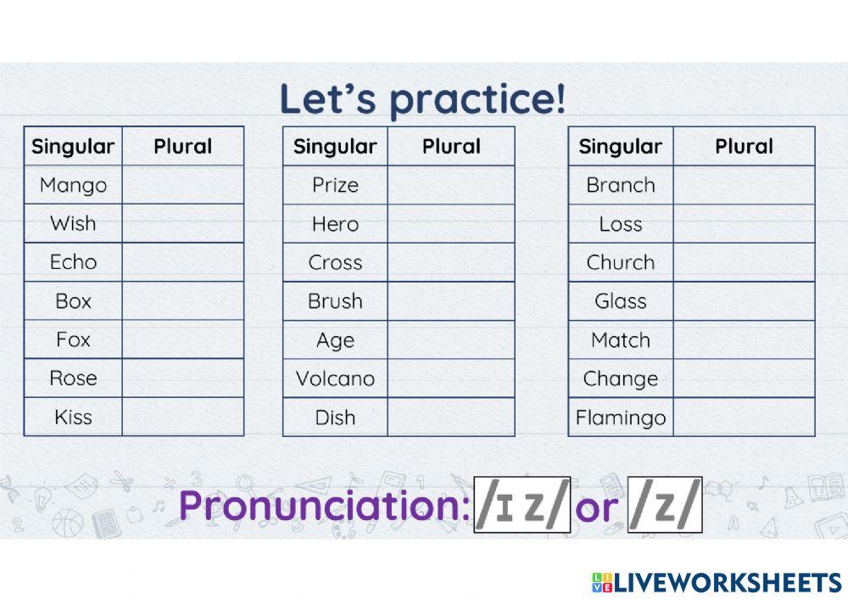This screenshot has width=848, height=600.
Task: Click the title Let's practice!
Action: pos(422,98)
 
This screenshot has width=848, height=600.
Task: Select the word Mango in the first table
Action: pos(73,185)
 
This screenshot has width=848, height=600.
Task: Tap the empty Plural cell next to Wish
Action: pos(182,224)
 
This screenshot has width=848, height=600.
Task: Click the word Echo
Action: pos(73,262)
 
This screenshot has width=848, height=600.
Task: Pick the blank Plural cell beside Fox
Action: pos(182,339)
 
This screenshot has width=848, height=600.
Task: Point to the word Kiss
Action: pos(73,417)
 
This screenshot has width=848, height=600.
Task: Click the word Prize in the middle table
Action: pos(335,185)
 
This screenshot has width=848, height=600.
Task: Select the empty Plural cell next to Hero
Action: pos(451,224)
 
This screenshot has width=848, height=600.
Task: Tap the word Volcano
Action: pos(335,379)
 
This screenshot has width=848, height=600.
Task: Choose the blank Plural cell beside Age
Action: pos(451,340)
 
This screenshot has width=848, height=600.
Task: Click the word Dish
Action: pos(335,418)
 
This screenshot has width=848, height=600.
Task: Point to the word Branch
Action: pos(621,185)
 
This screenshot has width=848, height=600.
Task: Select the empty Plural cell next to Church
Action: pos(744,263)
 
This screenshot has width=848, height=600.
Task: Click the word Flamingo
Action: pos(621,418)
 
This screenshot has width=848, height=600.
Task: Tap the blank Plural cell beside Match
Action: pos(744,340)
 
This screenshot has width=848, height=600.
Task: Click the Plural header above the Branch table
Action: pos(744,146)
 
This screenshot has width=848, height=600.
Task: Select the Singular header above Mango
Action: pos(73,146)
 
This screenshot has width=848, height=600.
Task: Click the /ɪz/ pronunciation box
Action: pos(522,506)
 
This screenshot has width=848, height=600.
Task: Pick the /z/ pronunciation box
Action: pos(665,506)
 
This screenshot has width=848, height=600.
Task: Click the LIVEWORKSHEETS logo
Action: pos(717,581)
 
